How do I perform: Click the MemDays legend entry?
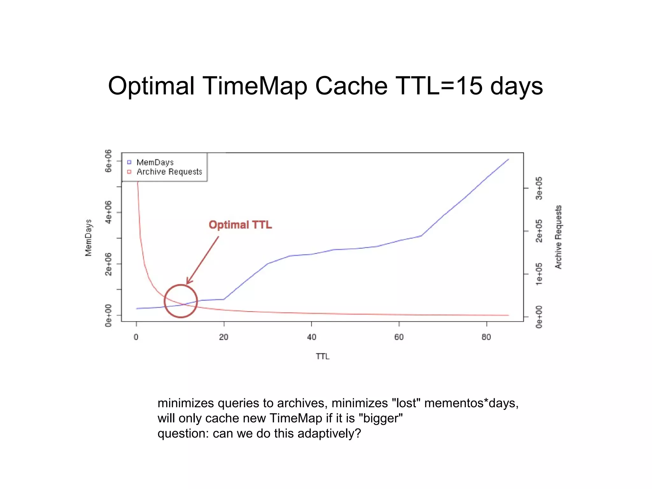point(155,162)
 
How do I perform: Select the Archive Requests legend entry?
point(169,172)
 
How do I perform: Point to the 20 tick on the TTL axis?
point(224,337)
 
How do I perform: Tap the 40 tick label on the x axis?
point(311,337)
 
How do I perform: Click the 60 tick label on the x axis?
point(399,337)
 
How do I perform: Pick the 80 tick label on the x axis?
point(486,337)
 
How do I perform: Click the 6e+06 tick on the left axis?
point(109,161)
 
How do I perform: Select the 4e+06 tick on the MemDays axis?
point(109,212)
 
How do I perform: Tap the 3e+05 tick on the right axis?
point(539,188)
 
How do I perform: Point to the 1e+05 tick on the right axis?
point(539,274)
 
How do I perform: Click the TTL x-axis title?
point(322,356)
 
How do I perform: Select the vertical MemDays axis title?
point(88,237)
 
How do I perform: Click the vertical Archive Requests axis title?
point(558,237)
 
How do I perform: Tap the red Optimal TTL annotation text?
point(240,225)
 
